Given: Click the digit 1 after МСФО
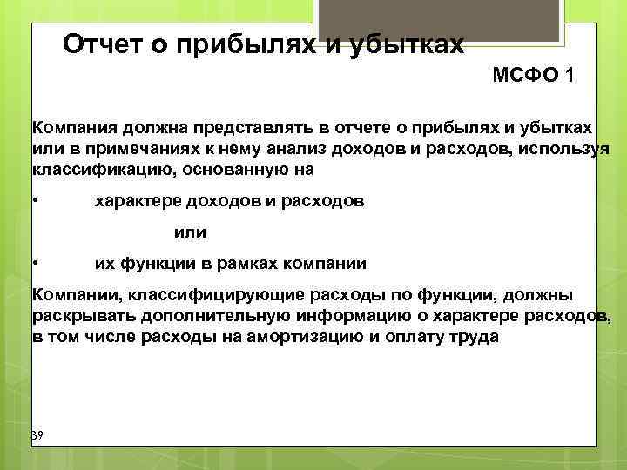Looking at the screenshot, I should point(569,76).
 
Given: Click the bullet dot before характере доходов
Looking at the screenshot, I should point(35,201).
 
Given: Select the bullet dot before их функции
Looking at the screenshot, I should point(35,262).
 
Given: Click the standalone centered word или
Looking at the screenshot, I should point(191,232).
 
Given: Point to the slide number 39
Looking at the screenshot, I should point(37,435).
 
